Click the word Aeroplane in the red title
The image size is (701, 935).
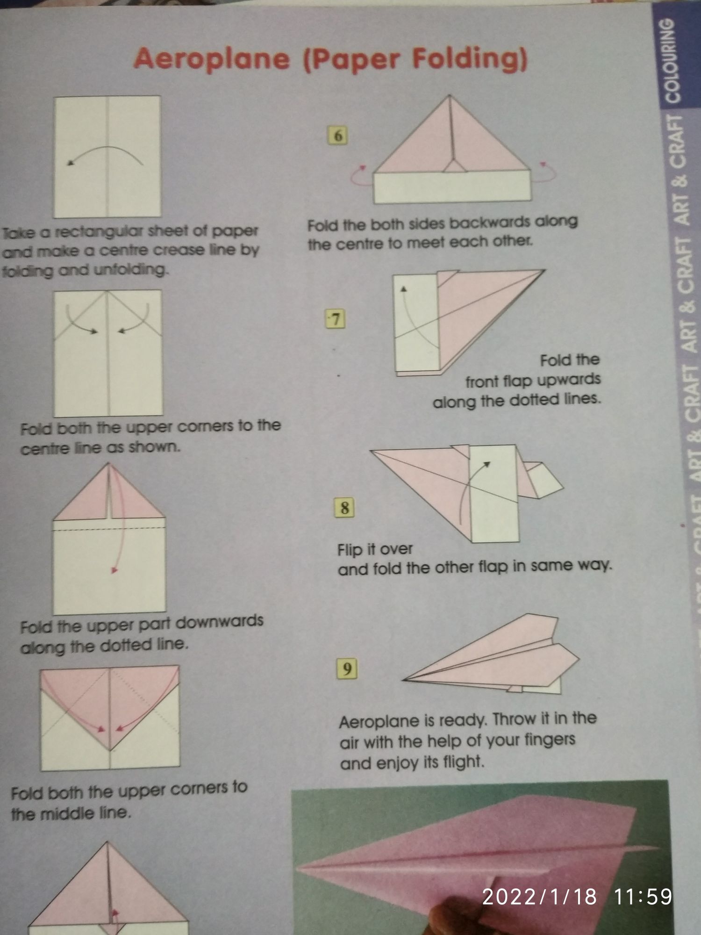[x=212, y=60]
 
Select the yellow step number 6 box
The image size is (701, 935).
[x=338, y=136]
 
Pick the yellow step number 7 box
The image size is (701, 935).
[x=336, y=319]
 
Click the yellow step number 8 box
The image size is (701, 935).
[x=344, y=508]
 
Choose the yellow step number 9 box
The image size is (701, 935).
[x=347, y=669]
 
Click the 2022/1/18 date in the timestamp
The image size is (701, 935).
[x=539, y=897]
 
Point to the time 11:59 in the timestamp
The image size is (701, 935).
[x=643, y=897]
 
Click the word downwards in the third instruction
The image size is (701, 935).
[x=220, y=622]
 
